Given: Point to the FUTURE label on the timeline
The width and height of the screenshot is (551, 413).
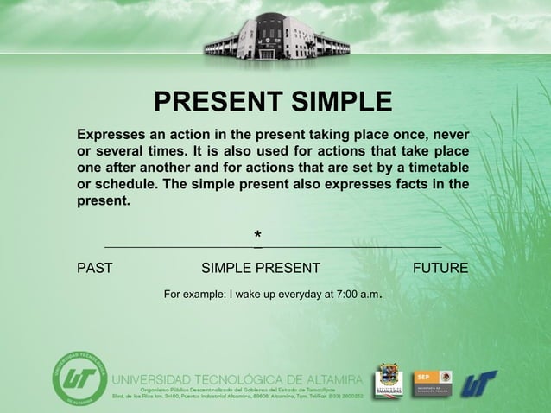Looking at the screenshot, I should (x=440, y=268).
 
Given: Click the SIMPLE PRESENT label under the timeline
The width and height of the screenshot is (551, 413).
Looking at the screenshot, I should (x=260, y=268).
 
